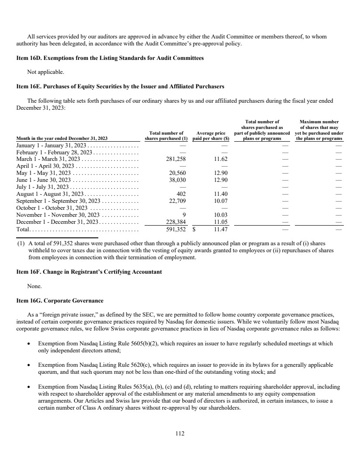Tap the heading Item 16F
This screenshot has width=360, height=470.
pos(89,272)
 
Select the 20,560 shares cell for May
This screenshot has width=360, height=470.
pos(177,173)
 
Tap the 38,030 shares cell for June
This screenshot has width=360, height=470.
pos(177,180)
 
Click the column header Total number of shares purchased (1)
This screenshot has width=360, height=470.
pos(166,136)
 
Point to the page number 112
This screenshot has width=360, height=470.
pos(180,433)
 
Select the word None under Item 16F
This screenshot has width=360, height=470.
pos(35,286)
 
